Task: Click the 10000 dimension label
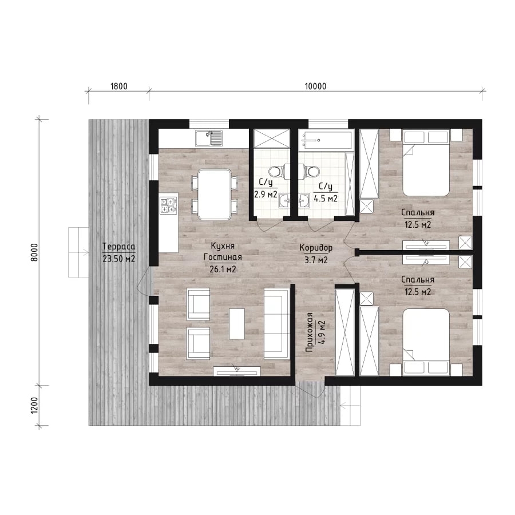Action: [x=315, y=86]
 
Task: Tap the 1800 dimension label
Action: [x=119, y=86]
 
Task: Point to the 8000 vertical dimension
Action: [x=34, y=252]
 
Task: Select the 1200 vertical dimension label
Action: [x=34, y=405]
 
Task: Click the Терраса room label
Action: [x=118, y=246]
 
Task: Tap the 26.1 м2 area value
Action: [x=223, y=270]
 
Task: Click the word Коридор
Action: [x=316, y=248]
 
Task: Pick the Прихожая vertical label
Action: [x=309, y=332]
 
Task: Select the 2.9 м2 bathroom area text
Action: [x=266, y=194]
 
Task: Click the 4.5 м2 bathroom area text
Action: [x=326, y=199]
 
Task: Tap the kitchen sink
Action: [x=208, y=138]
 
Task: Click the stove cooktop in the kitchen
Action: [x=168, y=205]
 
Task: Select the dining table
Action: [x=215, y=194]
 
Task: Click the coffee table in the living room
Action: [x=237, y=323]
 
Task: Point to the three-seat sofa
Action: [x=277, y=324]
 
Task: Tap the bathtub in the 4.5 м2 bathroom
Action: [x=326, y=140]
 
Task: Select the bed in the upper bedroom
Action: [x=426, y=163]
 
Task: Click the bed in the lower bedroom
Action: [x=426, y=342]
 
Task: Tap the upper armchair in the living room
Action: [x=198, y=304]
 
